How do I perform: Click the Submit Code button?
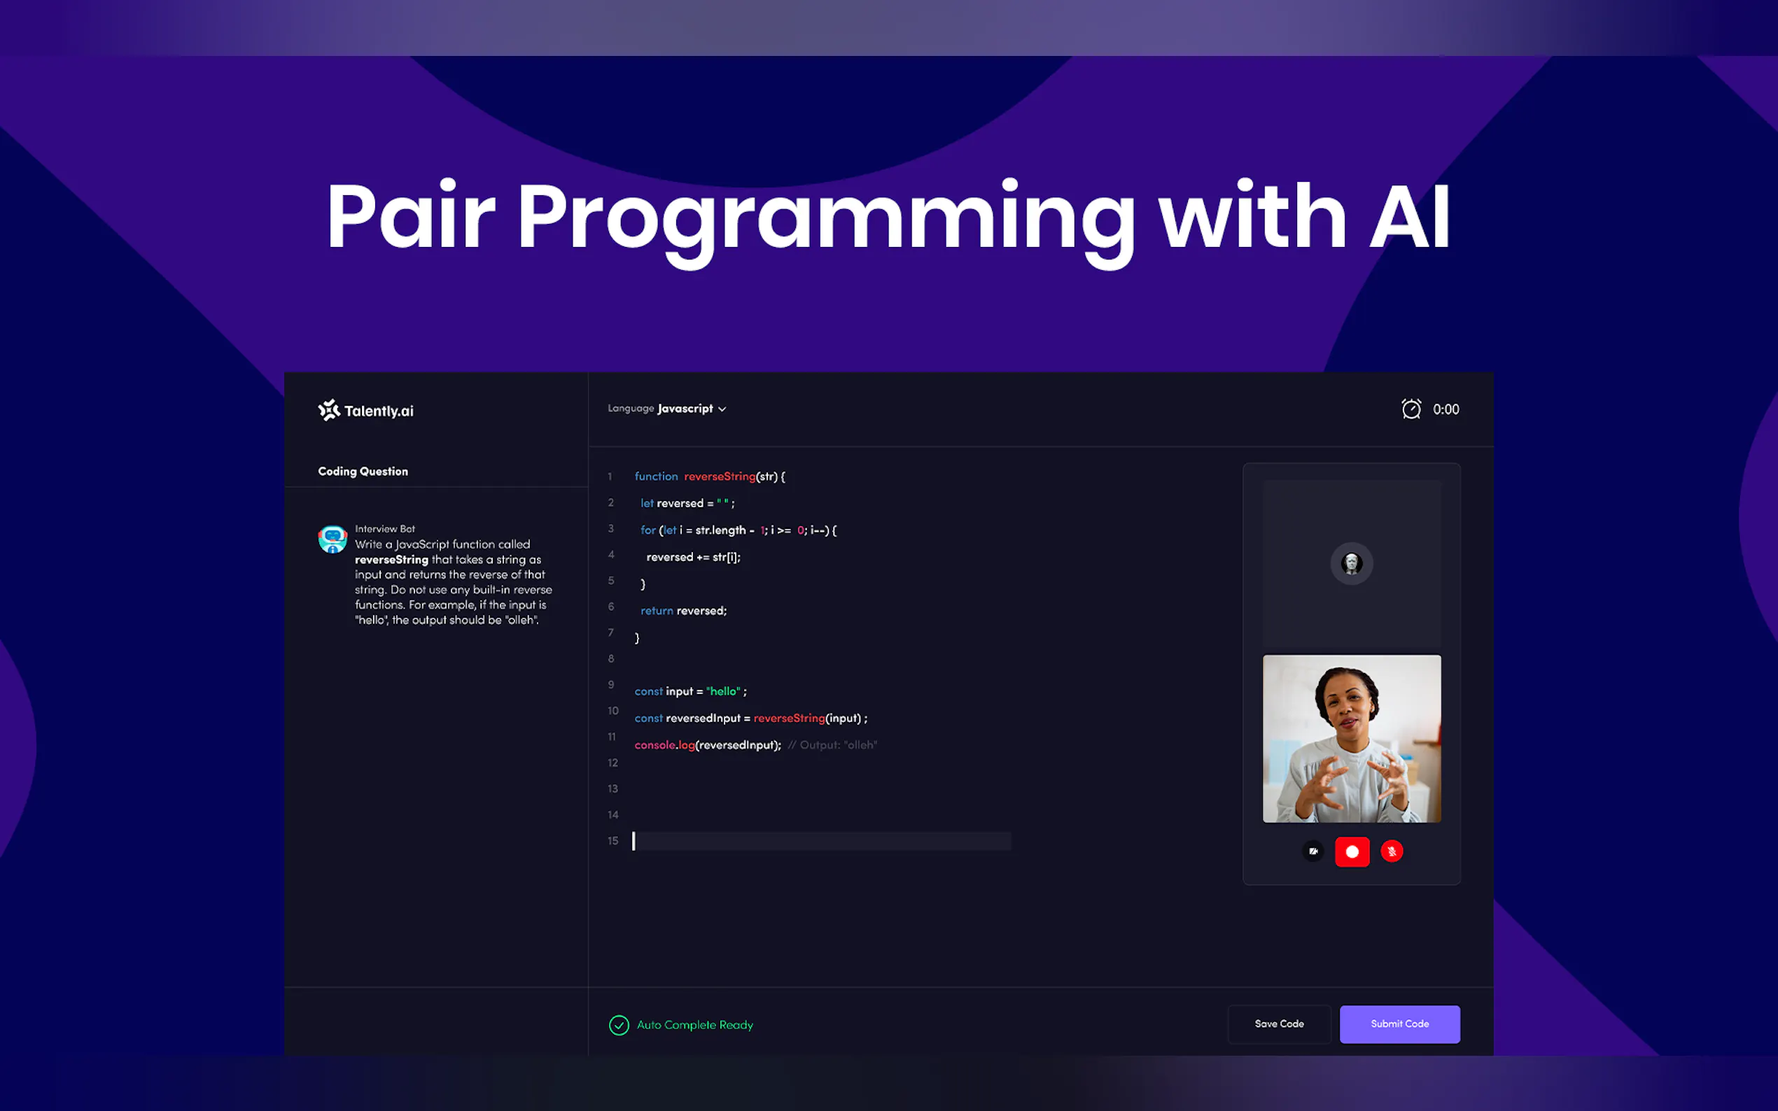coord(1399,1024)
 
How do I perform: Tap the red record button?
coord(1352,851)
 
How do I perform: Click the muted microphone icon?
coord(1392,851)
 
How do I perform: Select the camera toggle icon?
coord(1313,851)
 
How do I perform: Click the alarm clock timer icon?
coord(1411,409)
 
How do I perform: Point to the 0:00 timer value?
coord(1445,409)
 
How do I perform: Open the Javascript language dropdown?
coord(691,409)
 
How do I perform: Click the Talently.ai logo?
coord(365,410)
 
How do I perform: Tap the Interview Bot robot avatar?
coord(333,539)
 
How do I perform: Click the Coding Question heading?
coord(363,471)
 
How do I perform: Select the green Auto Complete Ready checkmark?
coord(619,1025)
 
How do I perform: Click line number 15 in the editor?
coord(613,841)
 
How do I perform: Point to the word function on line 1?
coord(657,476)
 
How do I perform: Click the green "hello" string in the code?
coord(723,691)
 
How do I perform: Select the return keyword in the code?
coord(657,611)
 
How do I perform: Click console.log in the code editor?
coord(664,745)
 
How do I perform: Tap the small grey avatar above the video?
coord(1352,564)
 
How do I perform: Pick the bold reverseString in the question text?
coord(391,560)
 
